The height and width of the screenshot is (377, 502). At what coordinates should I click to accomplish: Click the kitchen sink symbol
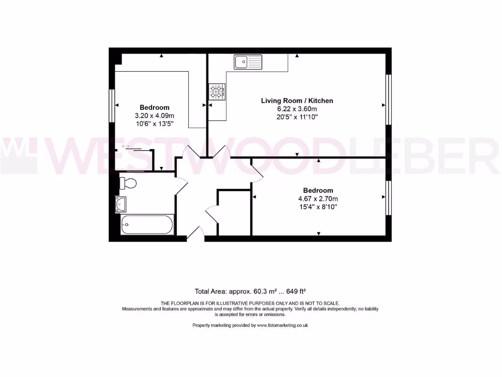point(248,62)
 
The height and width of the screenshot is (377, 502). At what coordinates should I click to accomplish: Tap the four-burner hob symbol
point(217,91)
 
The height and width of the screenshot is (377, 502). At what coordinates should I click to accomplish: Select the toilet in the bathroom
point(128,184)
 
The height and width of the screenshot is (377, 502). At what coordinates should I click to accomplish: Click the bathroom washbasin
point(121,204)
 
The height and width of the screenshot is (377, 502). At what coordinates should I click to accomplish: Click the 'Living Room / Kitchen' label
point(297,101)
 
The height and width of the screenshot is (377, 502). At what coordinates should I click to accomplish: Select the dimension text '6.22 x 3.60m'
point(297,109)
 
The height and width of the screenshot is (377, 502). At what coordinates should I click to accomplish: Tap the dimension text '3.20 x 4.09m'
point(154,116)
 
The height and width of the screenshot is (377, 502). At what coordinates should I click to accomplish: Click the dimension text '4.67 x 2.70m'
point(318,199)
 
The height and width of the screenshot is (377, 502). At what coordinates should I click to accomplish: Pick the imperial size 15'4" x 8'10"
point(318,207)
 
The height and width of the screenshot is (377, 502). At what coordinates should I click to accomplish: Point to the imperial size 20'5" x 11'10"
point(297,117)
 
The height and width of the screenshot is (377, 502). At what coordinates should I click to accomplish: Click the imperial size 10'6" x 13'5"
point(154,124)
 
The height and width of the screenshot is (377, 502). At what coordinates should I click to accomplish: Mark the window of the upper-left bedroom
point(112,105)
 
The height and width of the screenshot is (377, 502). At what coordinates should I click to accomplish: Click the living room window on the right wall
point(389,99)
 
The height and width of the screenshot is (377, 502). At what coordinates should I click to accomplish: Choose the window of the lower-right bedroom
point(389,198)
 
